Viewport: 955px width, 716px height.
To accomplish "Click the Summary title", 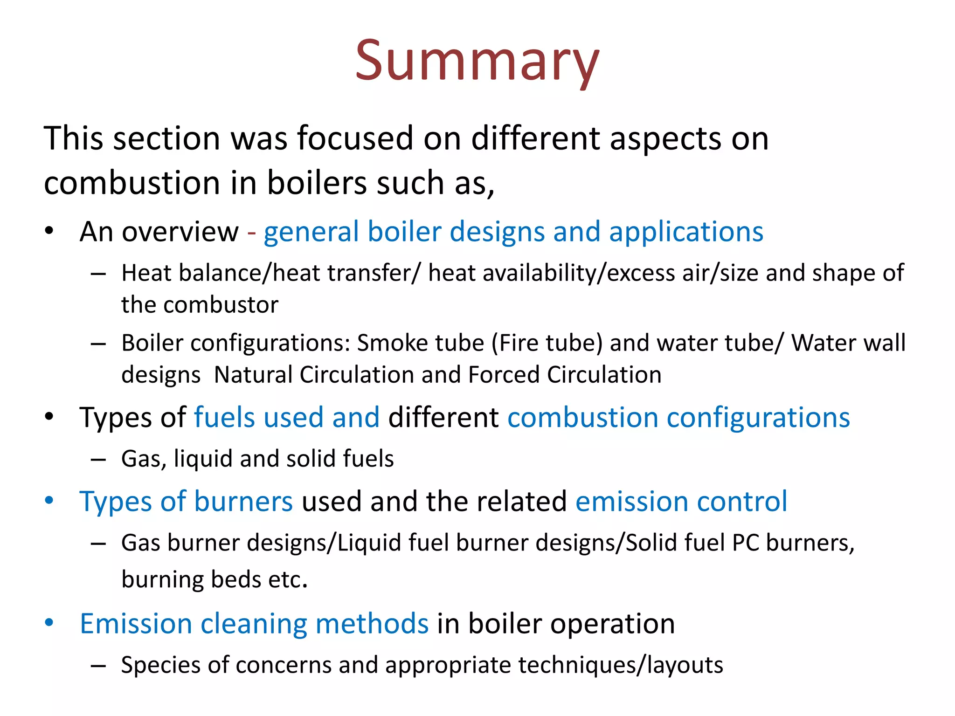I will (x=477, y=61).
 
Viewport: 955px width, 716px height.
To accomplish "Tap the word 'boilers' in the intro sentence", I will (x=317, y=183).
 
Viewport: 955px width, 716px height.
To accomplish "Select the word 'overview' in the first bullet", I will (x=180, y=232).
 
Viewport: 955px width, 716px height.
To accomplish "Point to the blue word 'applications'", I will (x=686, y=232).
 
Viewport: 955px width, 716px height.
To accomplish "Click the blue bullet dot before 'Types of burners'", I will (x=49, y=501).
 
